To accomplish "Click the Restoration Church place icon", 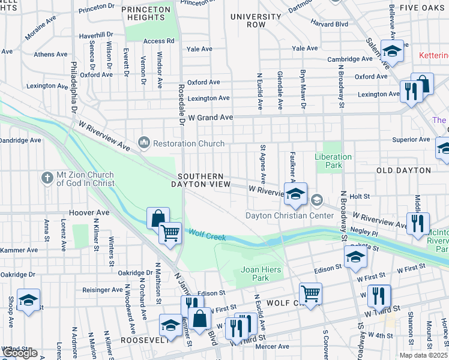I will click(x=143, y=143).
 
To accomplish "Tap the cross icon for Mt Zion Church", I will click(x=47, y=178).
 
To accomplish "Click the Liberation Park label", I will click(x=333, y=161).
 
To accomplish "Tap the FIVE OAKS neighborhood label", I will click(x=424, y=8).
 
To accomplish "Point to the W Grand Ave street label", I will click(x=209, y=118).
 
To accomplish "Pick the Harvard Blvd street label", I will click(x=329, y=24).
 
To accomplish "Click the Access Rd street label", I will click(x=158, y=41).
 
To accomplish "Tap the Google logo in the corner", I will click(x=19, y=353).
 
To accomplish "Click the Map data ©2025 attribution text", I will click(x=423, y=355).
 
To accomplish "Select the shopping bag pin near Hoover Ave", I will click(x=157, y=217).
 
